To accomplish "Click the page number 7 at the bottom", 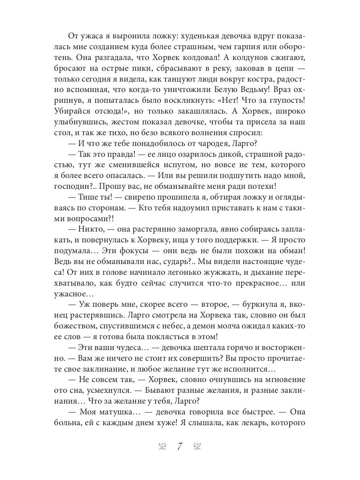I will (180, 446).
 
